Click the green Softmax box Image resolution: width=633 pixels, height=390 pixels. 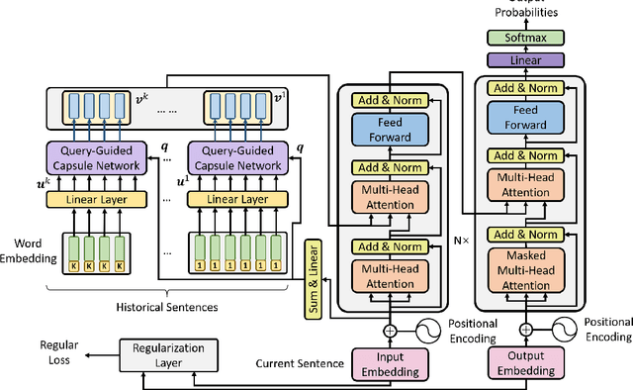[x=525, y=38]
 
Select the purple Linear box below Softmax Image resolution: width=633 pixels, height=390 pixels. [x=525, y=59]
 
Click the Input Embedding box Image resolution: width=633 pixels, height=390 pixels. [x=384, y=363]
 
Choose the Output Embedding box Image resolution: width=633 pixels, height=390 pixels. [x=525, y=363]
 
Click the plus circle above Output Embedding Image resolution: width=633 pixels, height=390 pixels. [x=525, y=330]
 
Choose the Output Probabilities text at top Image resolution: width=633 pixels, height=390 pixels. [x=525, y=10]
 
